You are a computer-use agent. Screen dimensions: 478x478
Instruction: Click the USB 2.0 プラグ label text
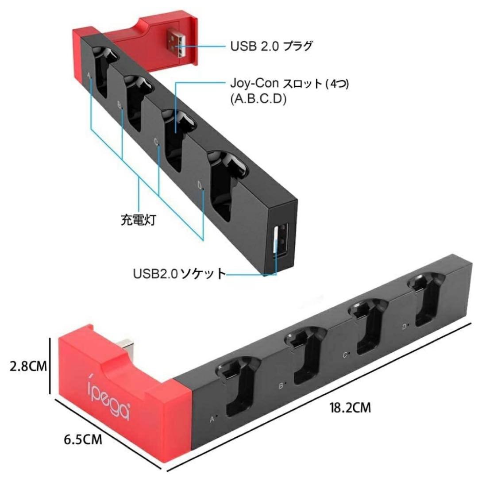tap(272, 46)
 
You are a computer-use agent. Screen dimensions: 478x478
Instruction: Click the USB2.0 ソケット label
tap(180, 274)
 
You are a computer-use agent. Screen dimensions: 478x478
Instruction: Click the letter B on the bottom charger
tap(281, 386)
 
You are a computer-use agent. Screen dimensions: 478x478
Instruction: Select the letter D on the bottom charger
tap(404, 327)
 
